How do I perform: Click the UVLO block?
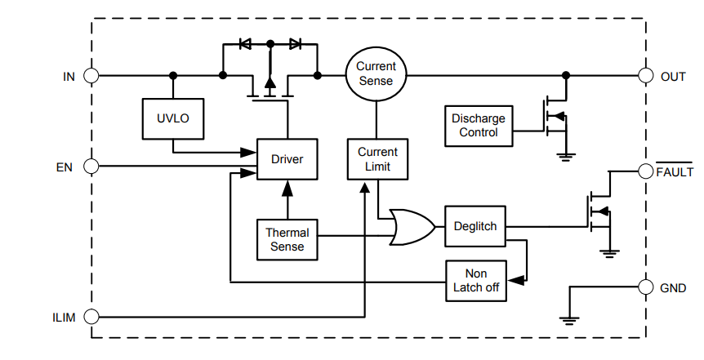(x=172, y=118)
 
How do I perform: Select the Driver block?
(x=287, y=159)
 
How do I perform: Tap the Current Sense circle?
(x=376, y=73)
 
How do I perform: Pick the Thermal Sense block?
(x=287, y=239)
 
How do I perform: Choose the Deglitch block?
(x=475, y=226)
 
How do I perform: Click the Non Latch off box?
(x=475, y=282)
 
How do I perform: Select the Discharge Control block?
(x=479, y=126)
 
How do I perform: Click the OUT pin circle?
(x=645, y=76)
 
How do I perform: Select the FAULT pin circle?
(x=645, y=171)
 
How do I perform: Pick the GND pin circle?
(x=645, y=287)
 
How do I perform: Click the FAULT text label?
(x=675, y=172)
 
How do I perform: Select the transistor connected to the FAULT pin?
(x=599, y=213)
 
